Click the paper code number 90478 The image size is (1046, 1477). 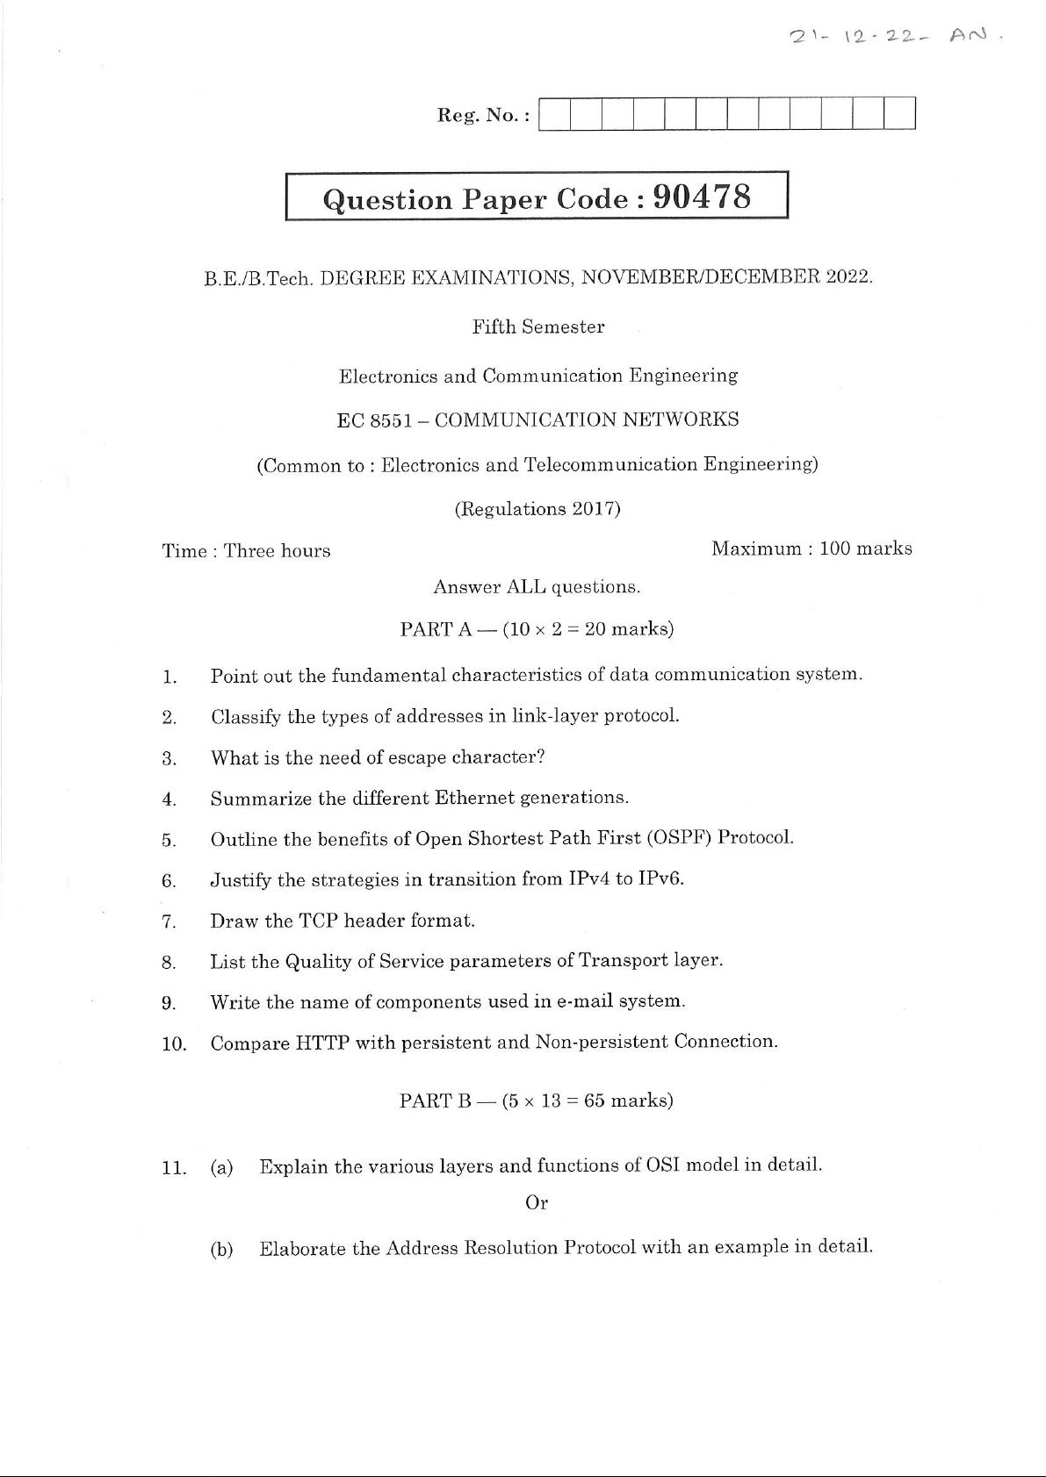[703, 197]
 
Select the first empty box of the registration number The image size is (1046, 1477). [554, 114]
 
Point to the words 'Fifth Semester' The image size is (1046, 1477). [537, 327]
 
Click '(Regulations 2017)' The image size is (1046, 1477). [537, 509]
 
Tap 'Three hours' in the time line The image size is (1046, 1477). [277, 551]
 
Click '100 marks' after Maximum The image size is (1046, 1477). [865, 549]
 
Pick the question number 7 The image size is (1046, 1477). [170, 921]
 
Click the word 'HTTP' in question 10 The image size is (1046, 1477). [322, 1043]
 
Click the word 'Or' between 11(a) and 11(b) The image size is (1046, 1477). [537, 1203]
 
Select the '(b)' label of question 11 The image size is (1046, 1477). [221, 1249]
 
